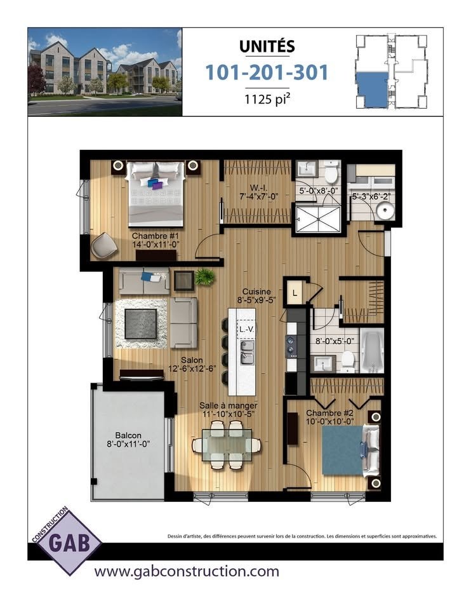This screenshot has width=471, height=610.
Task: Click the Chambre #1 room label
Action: [x=156, y=240]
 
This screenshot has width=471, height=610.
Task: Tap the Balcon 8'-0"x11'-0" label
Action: [x=128, y=439]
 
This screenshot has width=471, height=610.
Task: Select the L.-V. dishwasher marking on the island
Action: [x=247, y=329]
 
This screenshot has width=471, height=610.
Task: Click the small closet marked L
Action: [x=295, y=292]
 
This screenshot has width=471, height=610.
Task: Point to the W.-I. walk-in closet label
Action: [x=259, y=192]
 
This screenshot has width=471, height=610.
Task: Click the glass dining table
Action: [x=227, y=444]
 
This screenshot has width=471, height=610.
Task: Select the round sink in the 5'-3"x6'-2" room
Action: [x=385, y=211]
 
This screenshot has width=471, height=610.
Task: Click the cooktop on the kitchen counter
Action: [x=292, y=346]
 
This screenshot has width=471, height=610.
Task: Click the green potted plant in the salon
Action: [x=204, y=276]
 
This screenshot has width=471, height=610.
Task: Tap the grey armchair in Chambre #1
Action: [x=104, y=245]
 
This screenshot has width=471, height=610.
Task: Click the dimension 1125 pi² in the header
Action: [x=267, y=99]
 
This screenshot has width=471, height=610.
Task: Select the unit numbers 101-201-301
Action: [x=267, y=72]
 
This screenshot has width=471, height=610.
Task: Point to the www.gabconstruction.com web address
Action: [x=187, y=571]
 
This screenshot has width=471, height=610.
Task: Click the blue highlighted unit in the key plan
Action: [x=372, y=90]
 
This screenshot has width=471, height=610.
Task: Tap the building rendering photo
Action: [x=105, y=72]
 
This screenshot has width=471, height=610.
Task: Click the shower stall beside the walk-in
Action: [x=318, y=219]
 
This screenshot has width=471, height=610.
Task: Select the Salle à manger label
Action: [x=228, y=410]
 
